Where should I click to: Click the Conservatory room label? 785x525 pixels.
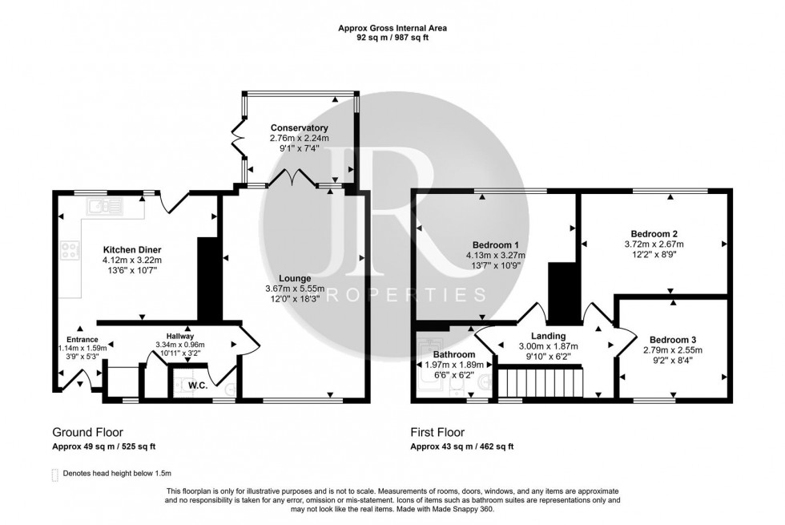(x=299, y=128)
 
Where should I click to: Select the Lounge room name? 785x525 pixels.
(x=295, y=278)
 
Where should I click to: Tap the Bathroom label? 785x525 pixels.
(x=454, y=354)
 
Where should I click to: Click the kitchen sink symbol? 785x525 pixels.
(x=105, y=207)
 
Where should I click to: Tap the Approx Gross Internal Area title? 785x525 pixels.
(x=392, y=28)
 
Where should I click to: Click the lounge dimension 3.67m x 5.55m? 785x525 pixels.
(x=295, y=289)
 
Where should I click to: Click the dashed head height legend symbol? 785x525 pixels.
(x=54, y=475)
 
